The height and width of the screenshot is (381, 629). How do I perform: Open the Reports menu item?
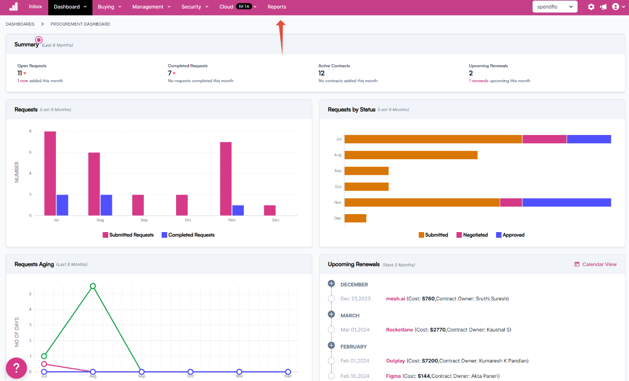277,7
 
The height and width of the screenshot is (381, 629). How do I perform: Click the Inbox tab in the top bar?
35,7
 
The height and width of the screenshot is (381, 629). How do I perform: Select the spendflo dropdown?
555,7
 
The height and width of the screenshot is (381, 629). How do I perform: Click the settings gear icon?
591,7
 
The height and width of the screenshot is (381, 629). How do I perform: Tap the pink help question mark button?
16,368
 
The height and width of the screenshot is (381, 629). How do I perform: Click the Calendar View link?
595,264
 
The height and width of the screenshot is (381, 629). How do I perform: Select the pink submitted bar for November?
226,179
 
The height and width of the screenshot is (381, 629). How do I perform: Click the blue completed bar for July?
62,205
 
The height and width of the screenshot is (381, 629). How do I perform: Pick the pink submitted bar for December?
270,211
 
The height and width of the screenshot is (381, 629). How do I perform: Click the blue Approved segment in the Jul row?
589,139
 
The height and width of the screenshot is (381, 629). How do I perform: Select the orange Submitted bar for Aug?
411,155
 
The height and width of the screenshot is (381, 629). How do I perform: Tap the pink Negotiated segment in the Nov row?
511,202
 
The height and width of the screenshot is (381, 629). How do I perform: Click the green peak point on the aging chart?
93,286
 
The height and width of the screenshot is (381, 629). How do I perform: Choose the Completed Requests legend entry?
188,235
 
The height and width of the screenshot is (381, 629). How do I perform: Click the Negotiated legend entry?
472,235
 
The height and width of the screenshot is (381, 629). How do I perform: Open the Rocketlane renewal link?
399,330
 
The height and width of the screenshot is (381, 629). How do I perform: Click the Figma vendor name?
393,376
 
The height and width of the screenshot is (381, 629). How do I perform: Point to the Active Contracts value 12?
321,73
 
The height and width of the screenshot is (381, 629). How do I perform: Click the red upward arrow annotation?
281,37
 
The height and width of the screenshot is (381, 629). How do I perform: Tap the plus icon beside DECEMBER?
331,283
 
